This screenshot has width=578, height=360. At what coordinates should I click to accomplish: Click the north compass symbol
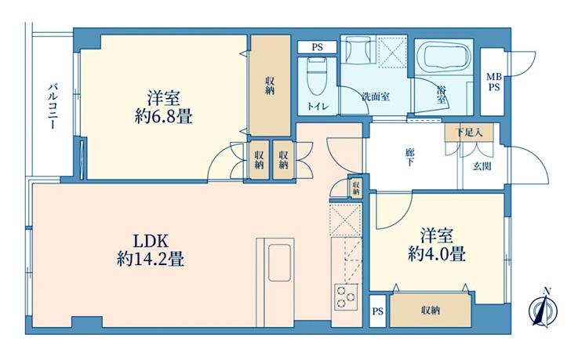(543, 308)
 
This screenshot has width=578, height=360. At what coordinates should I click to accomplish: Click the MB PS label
(494, 82)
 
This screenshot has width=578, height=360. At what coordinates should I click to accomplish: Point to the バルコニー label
(53, 107)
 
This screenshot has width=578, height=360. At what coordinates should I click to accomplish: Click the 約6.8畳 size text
(163, 118)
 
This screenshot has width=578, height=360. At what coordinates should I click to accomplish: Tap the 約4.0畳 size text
(437, 254)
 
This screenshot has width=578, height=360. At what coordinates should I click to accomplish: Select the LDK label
(151, 242)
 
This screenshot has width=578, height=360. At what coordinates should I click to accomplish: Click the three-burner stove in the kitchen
(346, 297)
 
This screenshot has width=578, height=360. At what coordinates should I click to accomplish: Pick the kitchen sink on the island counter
(279, 263)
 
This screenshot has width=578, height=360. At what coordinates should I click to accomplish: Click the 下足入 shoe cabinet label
(469, 133)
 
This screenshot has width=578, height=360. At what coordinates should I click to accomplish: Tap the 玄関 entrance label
(482, 166)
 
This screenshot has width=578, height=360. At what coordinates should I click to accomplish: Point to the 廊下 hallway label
(409, 157)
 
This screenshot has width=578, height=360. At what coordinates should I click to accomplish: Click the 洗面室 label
(375, 97)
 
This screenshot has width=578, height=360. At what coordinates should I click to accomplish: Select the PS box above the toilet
(317, 47)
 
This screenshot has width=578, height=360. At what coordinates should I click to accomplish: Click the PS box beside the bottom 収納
(378, 311)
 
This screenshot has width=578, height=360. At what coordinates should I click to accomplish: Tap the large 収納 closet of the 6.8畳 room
(271, 85)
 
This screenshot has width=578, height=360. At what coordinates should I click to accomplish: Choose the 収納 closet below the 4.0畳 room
(431, 311)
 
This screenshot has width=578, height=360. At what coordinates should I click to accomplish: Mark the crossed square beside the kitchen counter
(345, 220)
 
